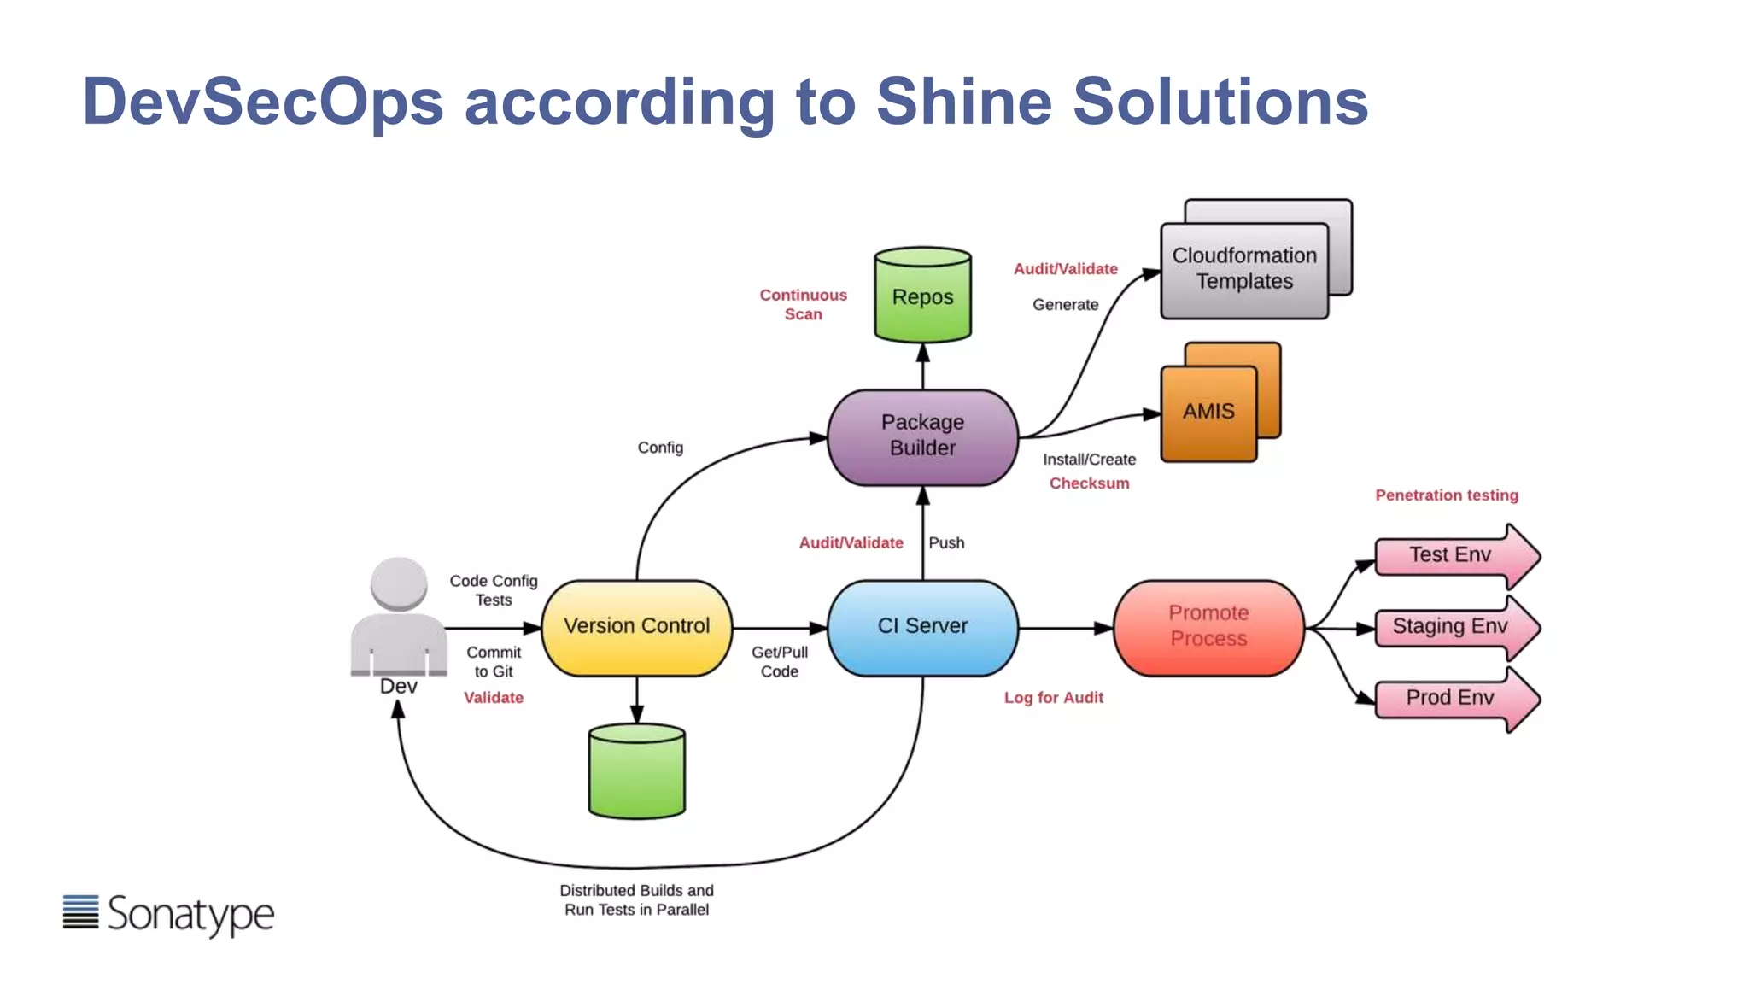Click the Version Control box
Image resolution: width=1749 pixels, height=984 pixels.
coord(636,627)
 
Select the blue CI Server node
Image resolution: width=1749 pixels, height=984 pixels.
coord(922,627)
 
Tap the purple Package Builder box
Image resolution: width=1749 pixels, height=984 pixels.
coord(922,436)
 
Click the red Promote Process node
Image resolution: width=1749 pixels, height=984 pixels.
coord(1208,627)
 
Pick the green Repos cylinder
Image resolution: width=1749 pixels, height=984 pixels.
coord(922,297)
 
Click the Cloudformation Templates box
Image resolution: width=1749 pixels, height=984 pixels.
coord(1244,269)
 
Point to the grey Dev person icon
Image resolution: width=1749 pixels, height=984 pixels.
coord(399,619)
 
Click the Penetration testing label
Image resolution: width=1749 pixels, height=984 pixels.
coord(1447,495)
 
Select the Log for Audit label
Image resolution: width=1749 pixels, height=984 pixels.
coord(1053,698)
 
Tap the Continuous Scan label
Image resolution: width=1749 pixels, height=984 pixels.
coord(803,305)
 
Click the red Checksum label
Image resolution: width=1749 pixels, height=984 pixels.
coord(1089,483)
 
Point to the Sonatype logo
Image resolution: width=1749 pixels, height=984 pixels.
coord(169,914)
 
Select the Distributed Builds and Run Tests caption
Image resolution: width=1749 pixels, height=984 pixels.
coord(636,900)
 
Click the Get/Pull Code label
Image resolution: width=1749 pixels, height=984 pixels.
coord(779,662)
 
